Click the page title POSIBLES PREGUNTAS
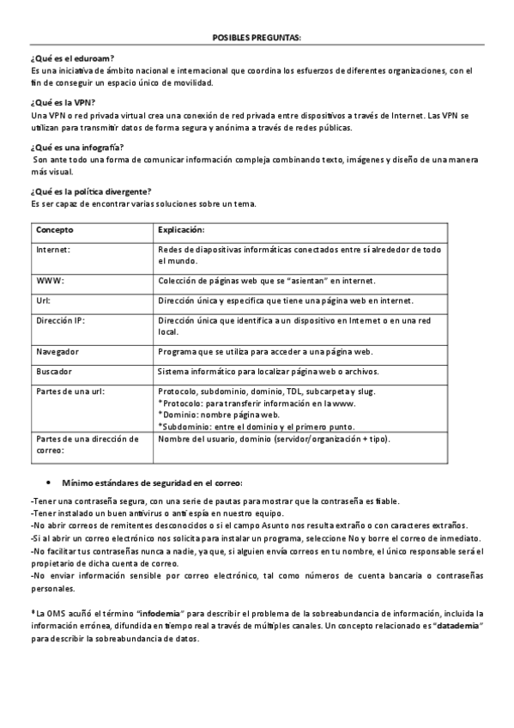[257, 38]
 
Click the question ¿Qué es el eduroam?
[72, 58]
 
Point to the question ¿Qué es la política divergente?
[91, 191]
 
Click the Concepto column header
[55, 231]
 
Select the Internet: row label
[53, 249]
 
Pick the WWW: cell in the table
[51, 281]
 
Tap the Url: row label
[44, 300]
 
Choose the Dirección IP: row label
[60, 320]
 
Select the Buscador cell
[54, 372]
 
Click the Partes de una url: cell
[70, 391]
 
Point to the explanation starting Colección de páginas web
[267, 281]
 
